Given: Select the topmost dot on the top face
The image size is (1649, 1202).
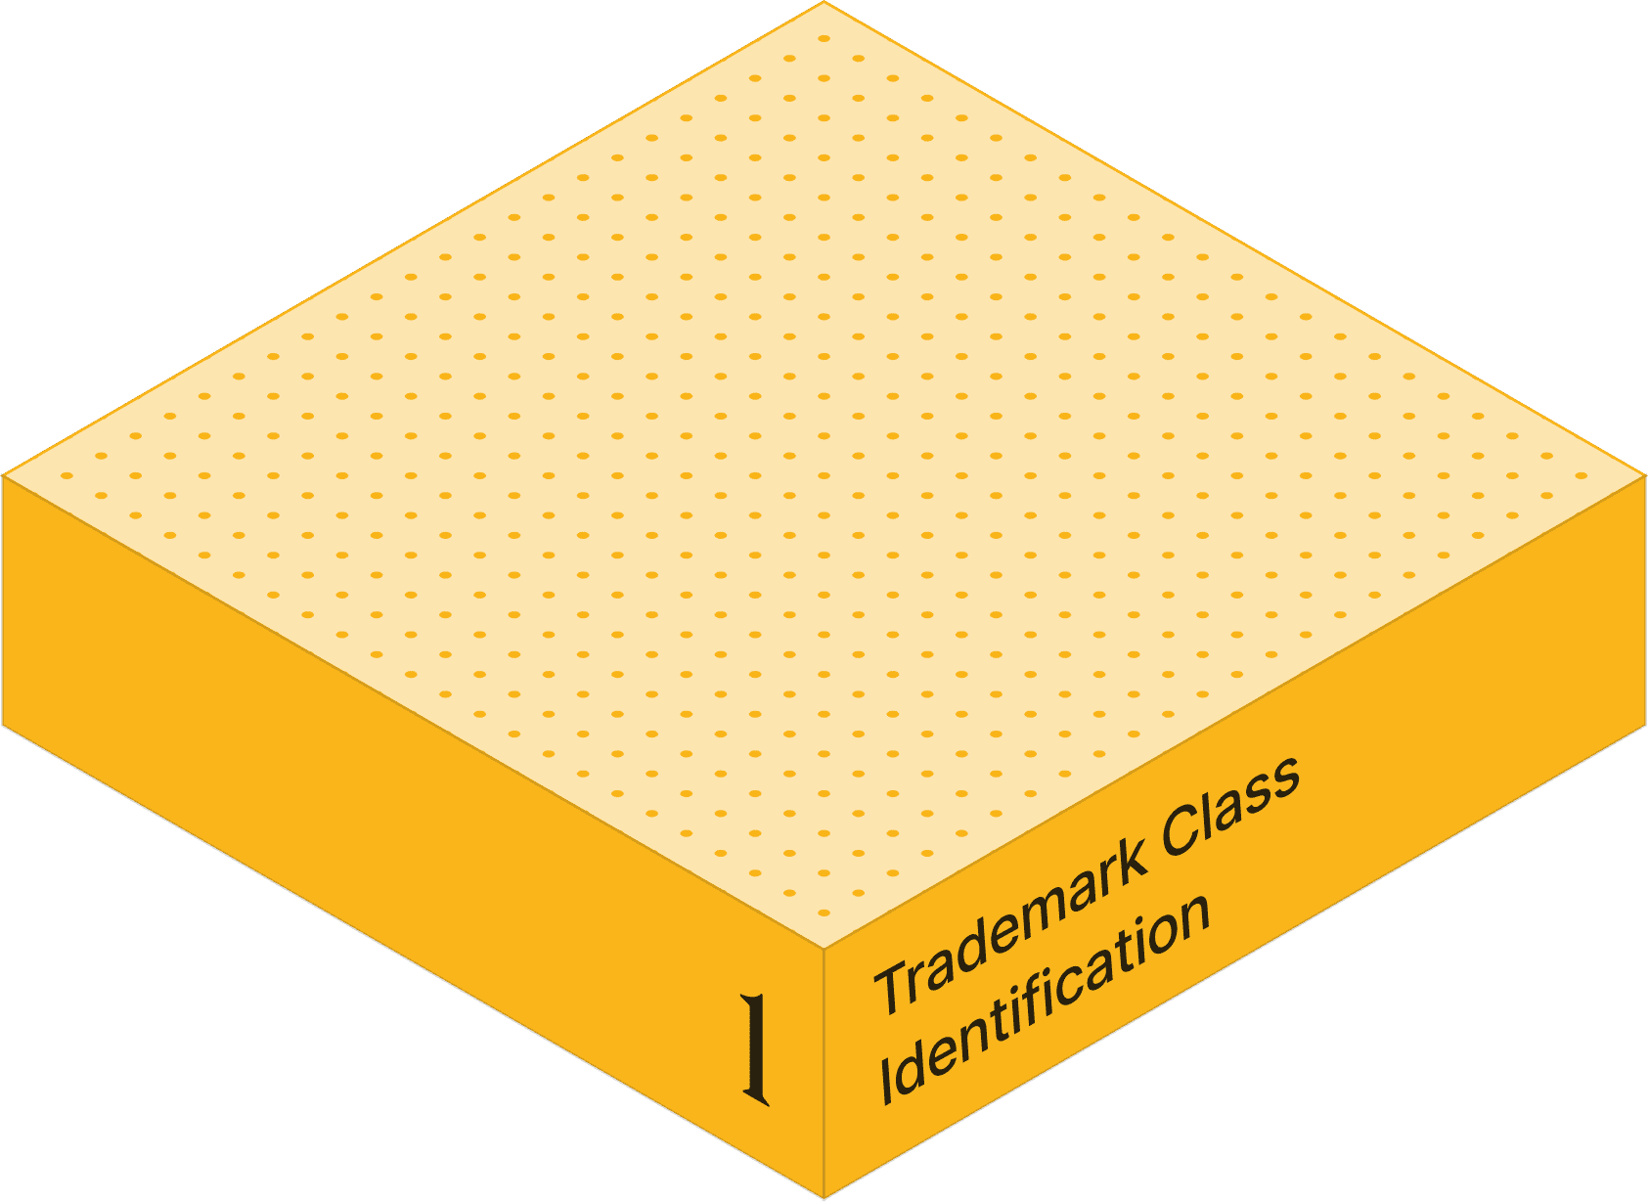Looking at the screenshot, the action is click(x=824, y=39).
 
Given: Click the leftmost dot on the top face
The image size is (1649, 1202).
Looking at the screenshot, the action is click(x=67, y=475).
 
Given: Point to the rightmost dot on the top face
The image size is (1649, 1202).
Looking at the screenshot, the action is click(x=1581, y=475).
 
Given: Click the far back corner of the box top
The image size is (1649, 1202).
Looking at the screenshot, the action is click(x=824, y=3).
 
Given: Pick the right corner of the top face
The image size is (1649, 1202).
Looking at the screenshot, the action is click(x=1645, y=476).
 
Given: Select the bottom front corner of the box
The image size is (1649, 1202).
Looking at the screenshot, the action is click(x=824, y=1197).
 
